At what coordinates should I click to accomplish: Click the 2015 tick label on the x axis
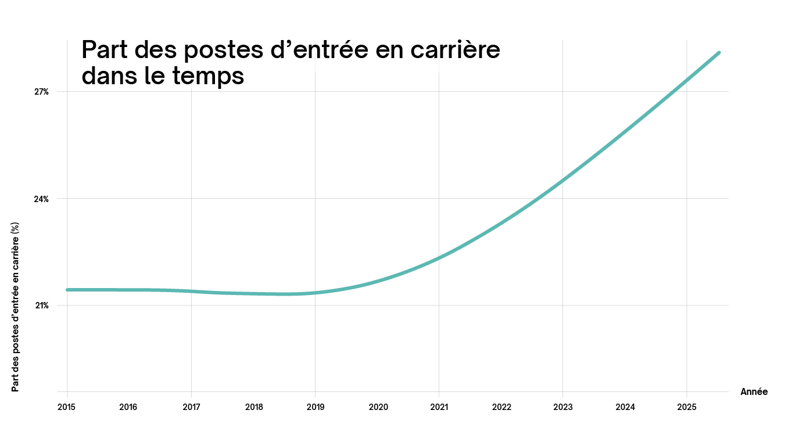[x=67, y=407]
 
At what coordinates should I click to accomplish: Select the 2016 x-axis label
[x=128, y=407]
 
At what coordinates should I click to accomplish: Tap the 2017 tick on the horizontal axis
[x=191, y=407]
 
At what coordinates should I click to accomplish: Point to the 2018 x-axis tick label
[x=253, y=407]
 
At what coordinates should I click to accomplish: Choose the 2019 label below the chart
[x=315, y=407]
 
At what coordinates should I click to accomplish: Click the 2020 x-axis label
[x=378, y=407]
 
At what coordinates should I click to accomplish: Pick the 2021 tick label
[x=439, y=407]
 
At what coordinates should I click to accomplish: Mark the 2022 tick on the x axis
[x=501, y=407]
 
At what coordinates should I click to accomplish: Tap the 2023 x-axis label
[x=562, y=407]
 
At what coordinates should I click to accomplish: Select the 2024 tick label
[x=625, y=407]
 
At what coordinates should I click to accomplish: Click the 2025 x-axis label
[x=687, y=407]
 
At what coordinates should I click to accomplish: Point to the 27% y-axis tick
[x=41, y=92]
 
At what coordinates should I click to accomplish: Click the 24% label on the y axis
[x=41, y=199]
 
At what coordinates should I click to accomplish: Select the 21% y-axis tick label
[x=41, y=305]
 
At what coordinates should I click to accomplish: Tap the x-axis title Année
[x=754, y=392]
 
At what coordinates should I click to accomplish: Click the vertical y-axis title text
[x=16, y=306]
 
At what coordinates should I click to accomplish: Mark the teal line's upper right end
[x=719, y=53]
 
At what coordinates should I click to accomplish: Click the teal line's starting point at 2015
[x=67, y=289]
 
